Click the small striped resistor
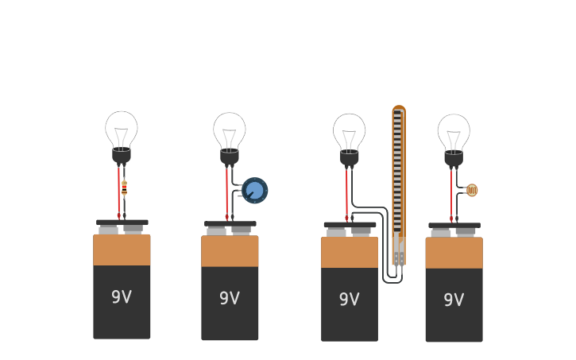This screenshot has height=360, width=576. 124,188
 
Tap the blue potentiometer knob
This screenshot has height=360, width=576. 255,191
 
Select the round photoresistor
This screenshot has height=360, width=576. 472,190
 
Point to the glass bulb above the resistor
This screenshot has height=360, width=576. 122,128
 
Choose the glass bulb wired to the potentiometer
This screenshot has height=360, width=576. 230,130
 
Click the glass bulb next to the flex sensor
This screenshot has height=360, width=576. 349,131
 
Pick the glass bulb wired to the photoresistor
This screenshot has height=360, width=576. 454,132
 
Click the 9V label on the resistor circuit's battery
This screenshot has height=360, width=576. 122,297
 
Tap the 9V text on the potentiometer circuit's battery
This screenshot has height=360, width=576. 230,299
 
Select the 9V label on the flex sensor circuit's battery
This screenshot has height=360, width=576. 350,300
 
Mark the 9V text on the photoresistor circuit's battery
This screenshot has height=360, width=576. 454,300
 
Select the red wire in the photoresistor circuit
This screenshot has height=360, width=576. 450,195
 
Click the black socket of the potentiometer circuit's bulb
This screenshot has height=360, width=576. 230,157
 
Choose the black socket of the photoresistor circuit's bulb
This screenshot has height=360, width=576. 454,159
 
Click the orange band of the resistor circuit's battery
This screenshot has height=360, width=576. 122,250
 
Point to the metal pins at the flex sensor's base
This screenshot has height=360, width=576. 399,258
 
